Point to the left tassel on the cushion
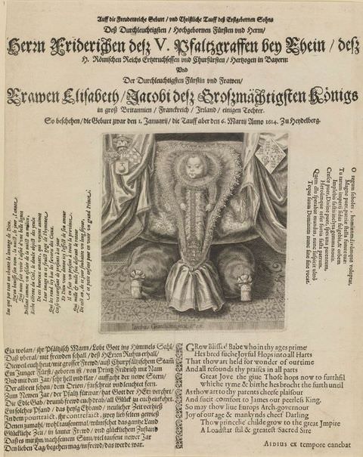[x=137, y=288]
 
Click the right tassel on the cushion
[x=265, y=289]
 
